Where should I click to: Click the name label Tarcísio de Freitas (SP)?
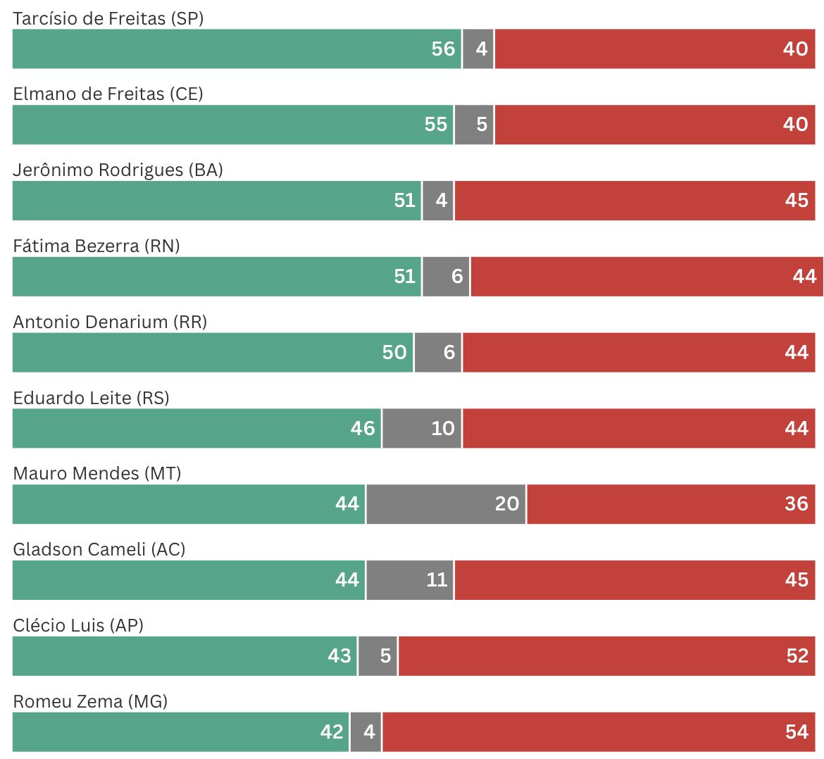tap(108, 18)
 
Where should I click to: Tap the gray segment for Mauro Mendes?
tap(445, 504)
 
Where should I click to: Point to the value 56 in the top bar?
tap(443, 49)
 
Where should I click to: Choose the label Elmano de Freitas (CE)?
tap(108, 94)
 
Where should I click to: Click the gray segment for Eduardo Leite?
tap(422, 428)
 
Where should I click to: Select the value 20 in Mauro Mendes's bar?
tap(506, 504)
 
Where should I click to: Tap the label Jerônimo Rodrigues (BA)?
tap(118, 170)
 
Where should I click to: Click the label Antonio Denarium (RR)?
tap(110, 322)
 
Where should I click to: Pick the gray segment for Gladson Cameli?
tap(410, 580)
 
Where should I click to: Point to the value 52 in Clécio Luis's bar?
tap(797, 656)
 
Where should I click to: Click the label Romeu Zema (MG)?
tap(90, 702)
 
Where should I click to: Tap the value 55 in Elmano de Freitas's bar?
tap(435, 125)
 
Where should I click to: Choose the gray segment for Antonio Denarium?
tap(438, 352)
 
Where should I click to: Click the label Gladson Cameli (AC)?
tap(99, 550)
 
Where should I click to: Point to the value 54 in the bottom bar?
tap(797, 732)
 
